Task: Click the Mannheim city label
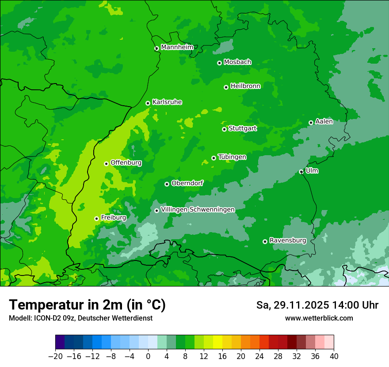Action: click(x=177, y=47)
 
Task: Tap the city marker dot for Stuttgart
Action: click(x=224, y=129)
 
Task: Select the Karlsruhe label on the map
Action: click(x=167, y=102)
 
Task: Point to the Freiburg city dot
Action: click(x=96, y=218)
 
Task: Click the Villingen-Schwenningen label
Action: click(x=198, y=210)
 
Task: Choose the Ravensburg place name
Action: click(x=288, y=241)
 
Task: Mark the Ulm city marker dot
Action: click(x=301, y=172)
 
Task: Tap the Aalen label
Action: click(x=324, y=122)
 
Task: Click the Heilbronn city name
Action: click(x=245, y=86)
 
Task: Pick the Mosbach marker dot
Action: click(x=219, y=63)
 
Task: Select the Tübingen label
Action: click(x=232, y=157)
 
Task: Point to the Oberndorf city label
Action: click(x=187, y=183)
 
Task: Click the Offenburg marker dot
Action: click(x=106, y=164)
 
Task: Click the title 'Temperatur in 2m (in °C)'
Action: click(x=87, y=305)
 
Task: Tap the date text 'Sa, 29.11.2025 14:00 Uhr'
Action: click(x=317, y=305)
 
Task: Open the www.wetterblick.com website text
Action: click(x=319, y=318)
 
